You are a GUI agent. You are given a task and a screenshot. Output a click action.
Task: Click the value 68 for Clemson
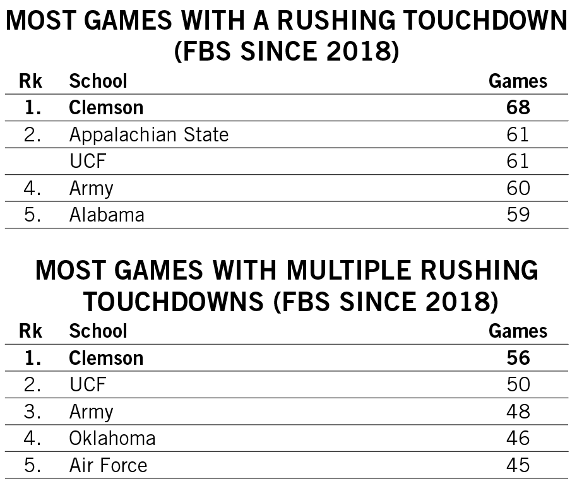pos(518,108)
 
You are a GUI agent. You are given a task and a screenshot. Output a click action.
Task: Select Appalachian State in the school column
pos(148,134)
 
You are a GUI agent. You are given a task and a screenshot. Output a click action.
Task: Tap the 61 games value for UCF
pos(518,162)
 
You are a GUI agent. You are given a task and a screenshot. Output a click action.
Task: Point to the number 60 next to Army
pos(518,188)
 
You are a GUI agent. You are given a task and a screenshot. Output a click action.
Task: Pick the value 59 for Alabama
pos(518,215)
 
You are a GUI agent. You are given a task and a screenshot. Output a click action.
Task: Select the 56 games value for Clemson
pos(518,358)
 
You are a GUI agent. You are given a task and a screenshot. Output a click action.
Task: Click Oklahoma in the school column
pos(112,438)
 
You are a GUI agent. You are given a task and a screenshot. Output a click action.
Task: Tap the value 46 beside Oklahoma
pos(518,438)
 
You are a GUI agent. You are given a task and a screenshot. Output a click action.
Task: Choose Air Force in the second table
pos(108,466)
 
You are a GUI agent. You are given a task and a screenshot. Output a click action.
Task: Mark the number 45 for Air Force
pos(518,466)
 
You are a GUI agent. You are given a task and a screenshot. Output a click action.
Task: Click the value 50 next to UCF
pos(518,384)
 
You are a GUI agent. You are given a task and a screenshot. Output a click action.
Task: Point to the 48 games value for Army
pos(518,412)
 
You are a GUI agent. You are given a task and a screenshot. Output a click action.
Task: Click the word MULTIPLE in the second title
pos(341,271)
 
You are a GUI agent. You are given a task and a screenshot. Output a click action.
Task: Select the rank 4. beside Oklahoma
pos(32,438)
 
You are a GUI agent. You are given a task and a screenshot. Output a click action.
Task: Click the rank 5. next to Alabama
pos(32,215)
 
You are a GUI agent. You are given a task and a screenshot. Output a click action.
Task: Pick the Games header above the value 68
pos(518,81)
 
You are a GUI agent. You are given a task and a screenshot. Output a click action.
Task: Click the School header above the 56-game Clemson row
pos(98,331)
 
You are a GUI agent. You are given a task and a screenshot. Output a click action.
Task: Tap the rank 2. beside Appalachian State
pos(32,134)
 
